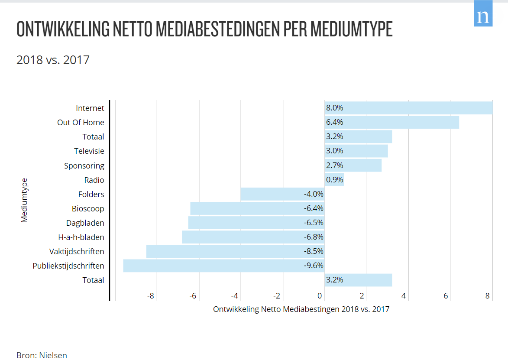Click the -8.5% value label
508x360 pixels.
pos(314,251)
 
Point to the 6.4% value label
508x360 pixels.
pos(334,122)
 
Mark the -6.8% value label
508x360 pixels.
pos(314,237)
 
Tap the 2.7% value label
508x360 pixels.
pos(334,165)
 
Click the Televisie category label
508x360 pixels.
pos(89,151)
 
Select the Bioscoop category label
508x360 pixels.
pos(88,209)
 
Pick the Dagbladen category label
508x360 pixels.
pos(85,223)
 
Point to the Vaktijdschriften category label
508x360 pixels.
pos(77,252)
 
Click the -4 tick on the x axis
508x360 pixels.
pos(235,296)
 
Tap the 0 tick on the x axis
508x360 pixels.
pos(320,296)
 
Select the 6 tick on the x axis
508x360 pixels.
pos(446,296)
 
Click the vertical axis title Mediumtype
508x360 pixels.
pos(24,200)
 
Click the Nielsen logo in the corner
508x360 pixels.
pos(483,17)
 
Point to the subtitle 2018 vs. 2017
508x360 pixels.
pos(53,60)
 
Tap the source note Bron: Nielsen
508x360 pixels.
pos(42,355)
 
